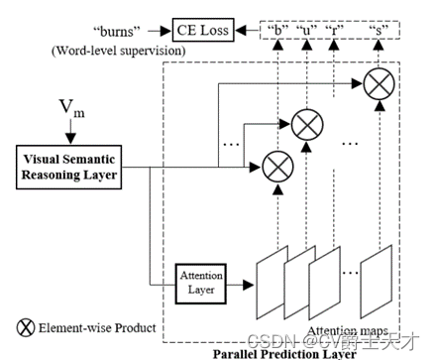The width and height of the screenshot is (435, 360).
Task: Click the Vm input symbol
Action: (x=69, y=106)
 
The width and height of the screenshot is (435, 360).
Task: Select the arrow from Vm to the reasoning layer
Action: (x=69, y=131)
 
